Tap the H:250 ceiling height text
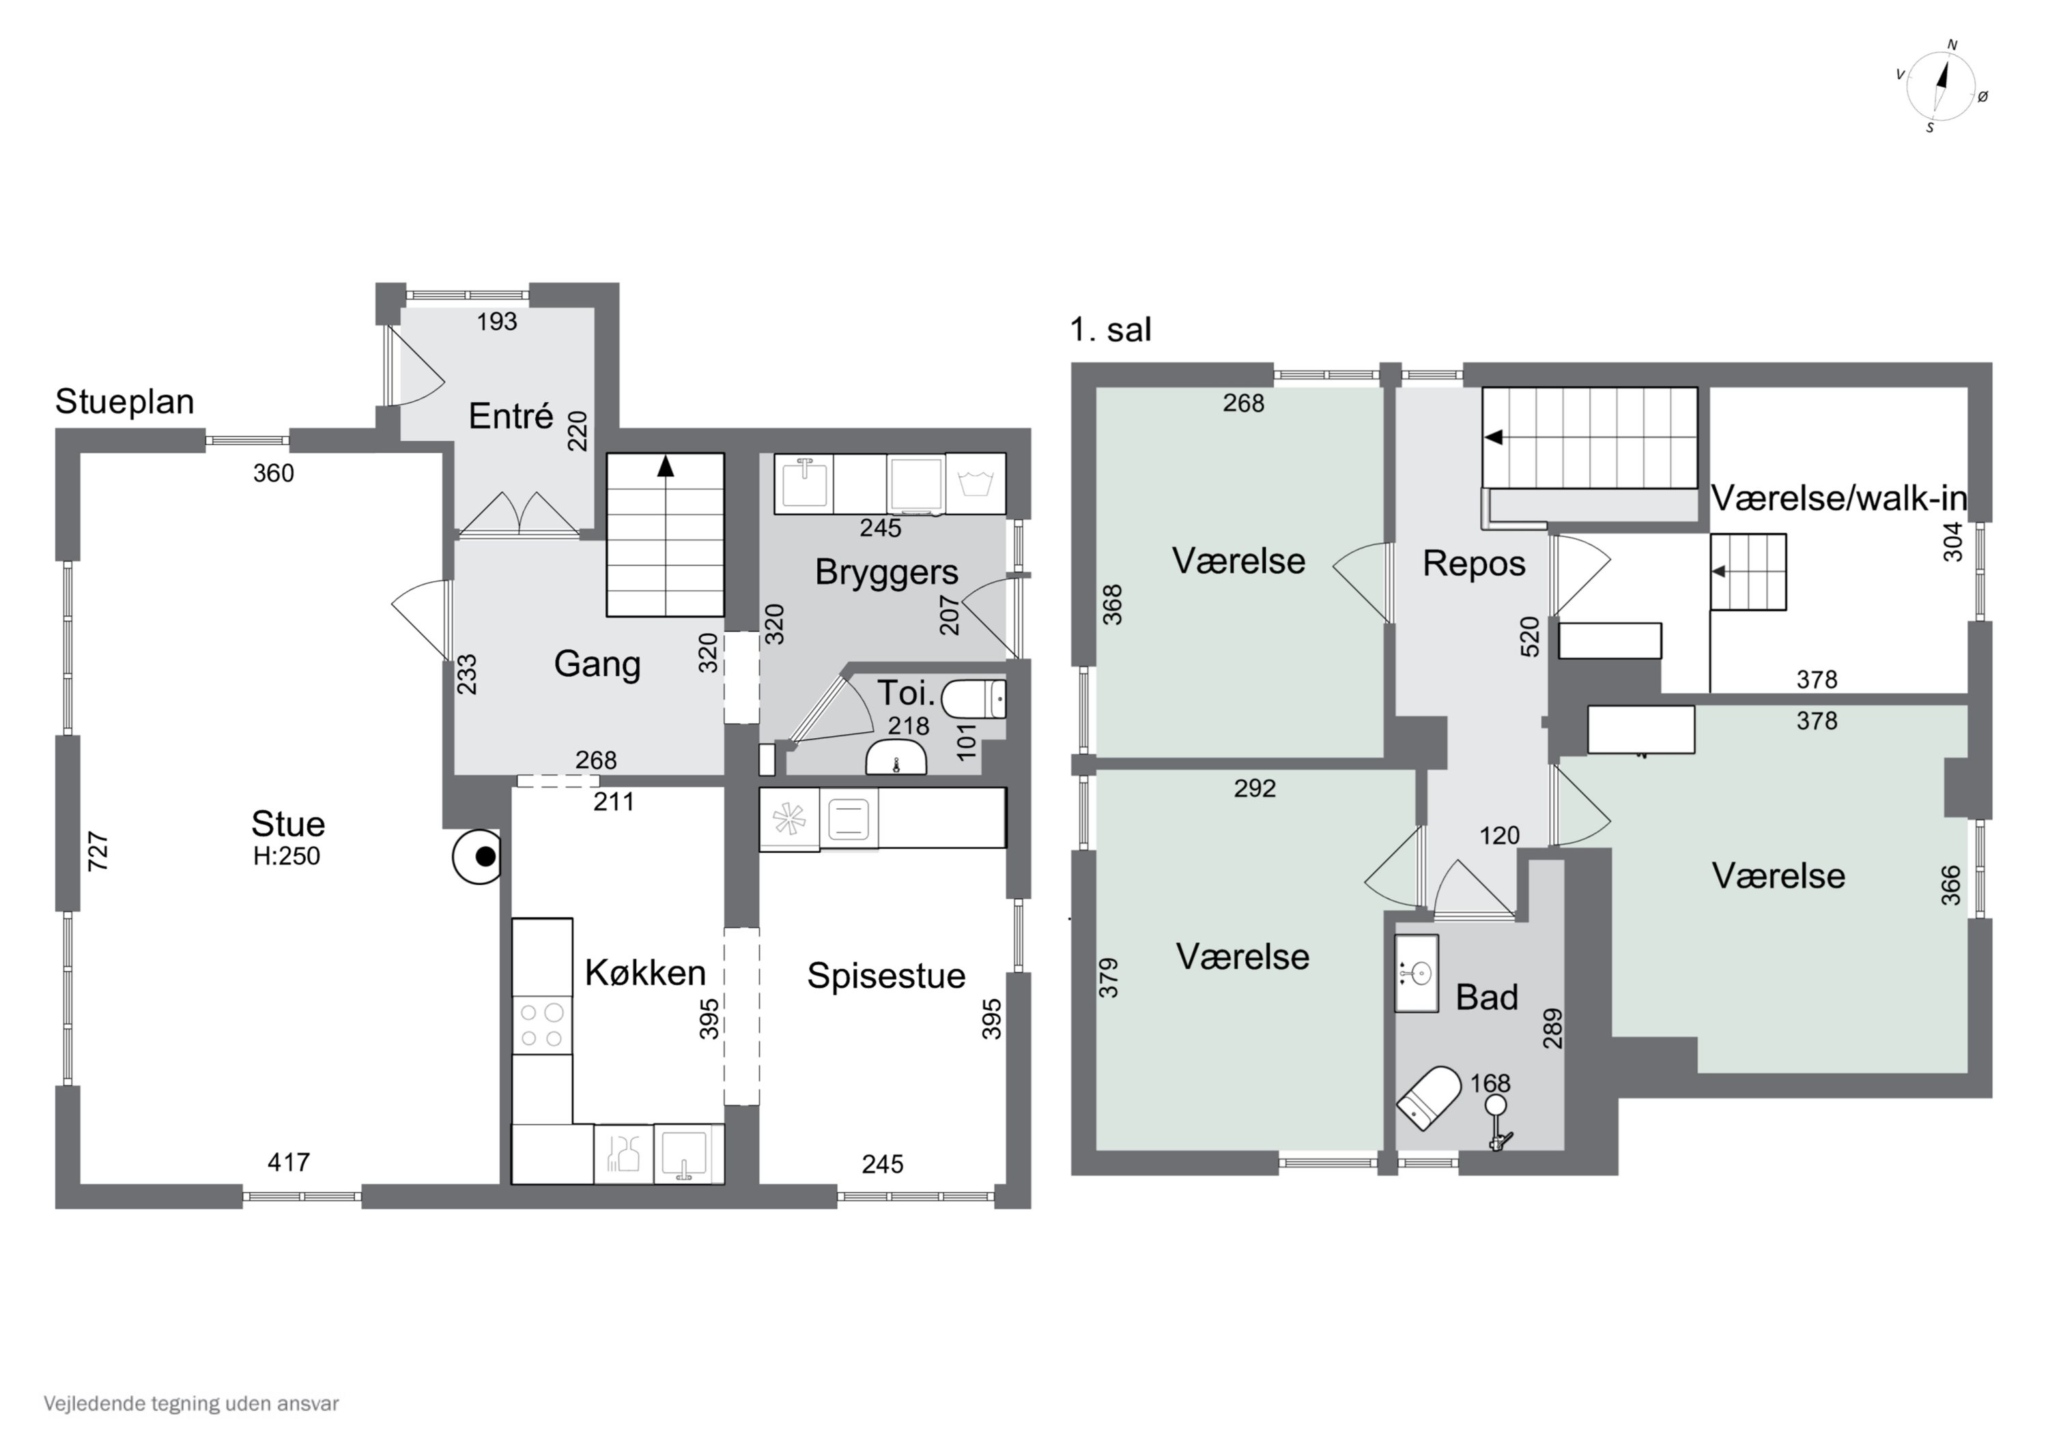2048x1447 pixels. pos(286,856)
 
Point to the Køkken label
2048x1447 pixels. pos(645,973)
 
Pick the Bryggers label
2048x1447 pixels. pos(887,572)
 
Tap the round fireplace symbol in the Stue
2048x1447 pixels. pos(477,857)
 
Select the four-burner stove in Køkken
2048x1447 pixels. pos(542,1025)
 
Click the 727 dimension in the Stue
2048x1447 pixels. pos(98,851)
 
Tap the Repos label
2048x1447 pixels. pos(1474,564)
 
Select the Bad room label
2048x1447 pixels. pos(1487,997)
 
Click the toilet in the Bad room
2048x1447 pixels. pos(1428,1098)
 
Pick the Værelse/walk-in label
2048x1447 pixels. pos(1839,499)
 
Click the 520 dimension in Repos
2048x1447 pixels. pos(1530,637)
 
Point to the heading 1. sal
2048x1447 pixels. pos(1111,330)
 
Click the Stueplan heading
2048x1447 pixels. pos(125,402)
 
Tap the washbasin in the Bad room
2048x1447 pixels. pos(1417,973)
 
